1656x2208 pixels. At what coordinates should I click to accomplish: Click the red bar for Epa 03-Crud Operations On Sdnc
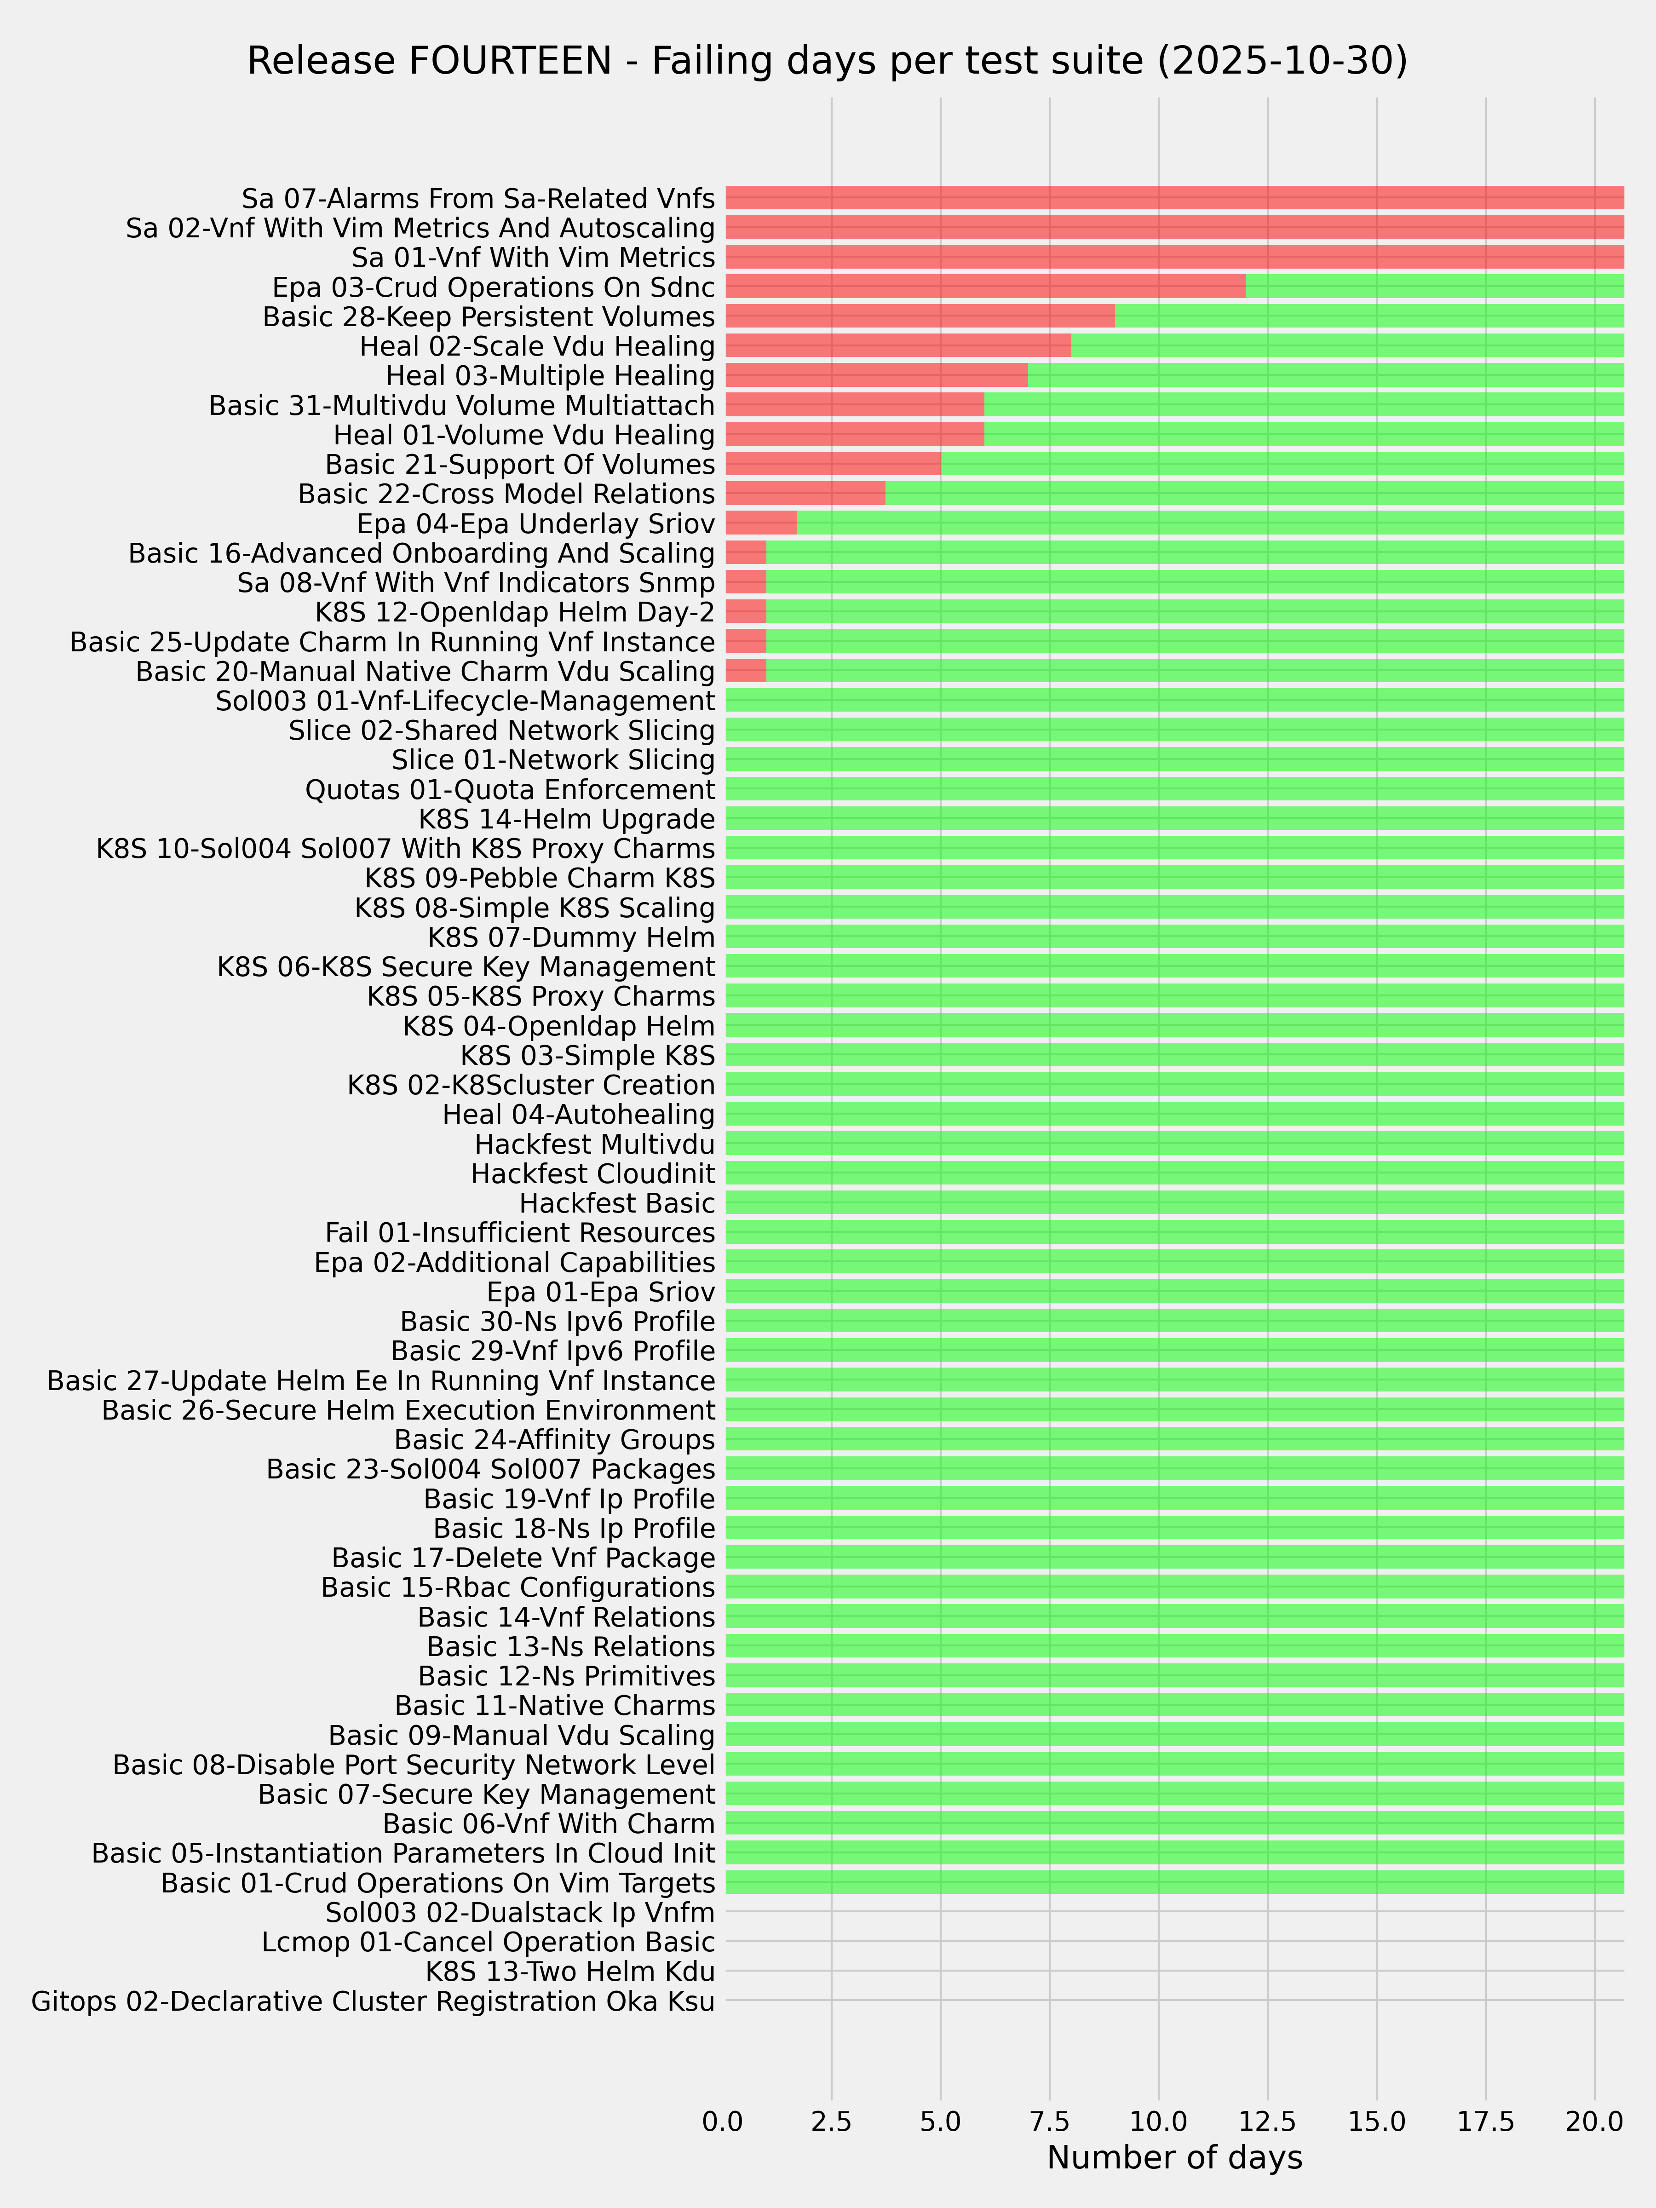coord(985,287)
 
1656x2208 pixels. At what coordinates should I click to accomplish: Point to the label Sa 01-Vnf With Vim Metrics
coord(533,258)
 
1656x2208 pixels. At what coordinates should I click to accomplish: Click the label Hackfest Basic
coord(617,1203)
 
